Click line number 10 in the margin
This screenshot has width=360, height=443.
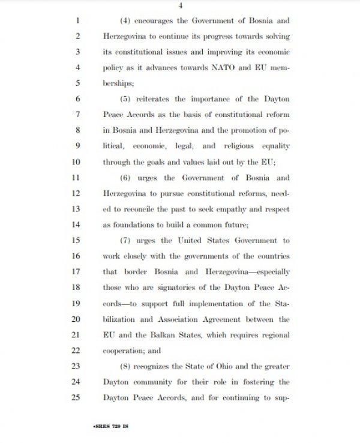point(75,162)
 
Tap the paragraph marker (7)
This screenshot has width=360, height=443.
point(126,240)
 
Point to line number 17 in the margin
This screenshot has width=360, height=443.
point(75,271)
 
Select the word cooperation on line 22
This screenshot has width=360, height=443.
point(122,349)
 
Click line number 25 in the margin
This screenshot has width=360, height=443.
point(75,396)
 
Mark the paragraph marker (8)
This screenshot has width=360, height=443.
point(126,365)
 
